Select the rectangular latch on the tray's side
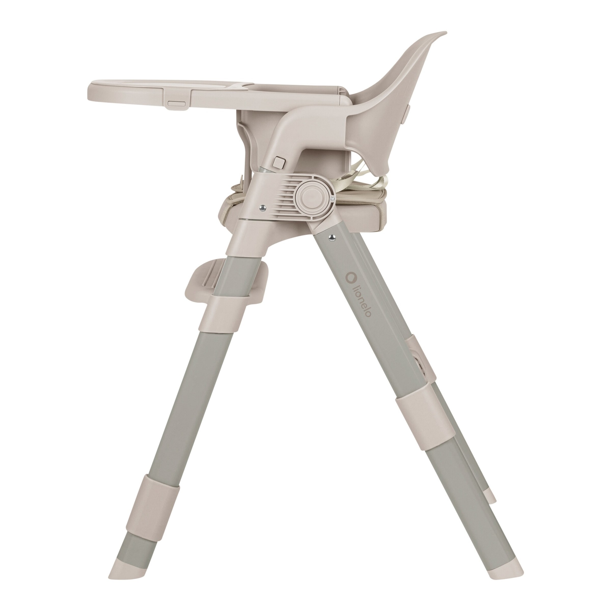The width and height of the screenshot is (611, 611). [x=176, y=103]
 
